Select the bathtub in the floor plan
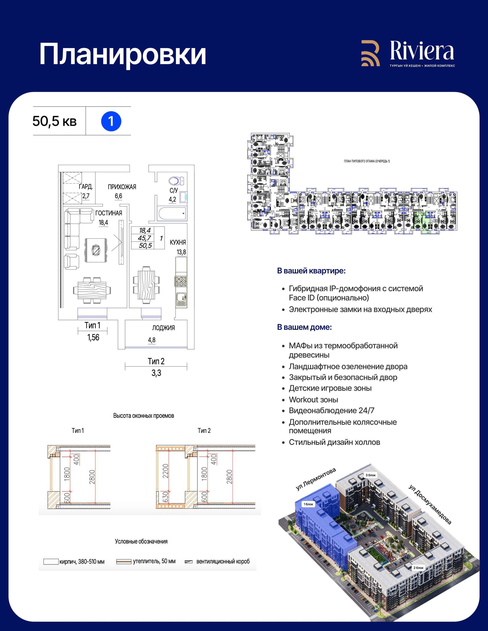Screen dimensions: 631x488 (x=172, y=214)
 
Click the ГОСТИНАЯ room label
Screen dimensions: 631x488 (x=109, y=213)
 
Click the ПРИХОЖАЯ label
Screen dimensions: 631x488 (x=122, y=187)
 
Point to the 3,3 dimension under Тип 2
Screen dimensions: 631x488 (x=156, y=373)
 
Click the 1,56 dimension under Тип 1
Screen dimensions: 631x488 (x=93, y=337)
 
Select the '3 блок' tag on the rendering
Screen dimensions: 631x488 (x=371, y=475)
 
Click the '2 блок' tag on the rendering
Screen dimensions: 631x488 (x=418, y=568)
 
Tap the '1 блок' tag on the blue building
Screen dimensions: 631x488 (x=308, y=504)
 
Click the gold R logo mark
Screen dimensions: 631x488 (x=370, y=53)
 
